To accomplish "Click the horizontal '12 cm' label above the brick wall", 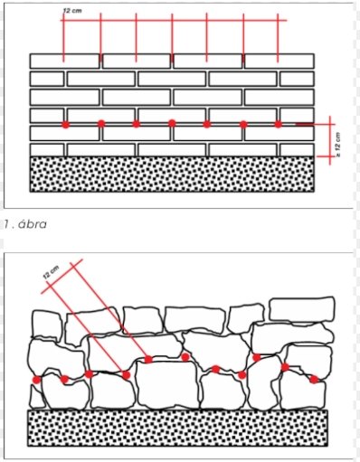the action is (x=72, y=11).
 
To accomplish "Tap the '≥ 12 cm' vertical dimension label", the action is (x=337, y=145).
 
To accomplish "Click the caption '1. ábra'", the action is (x=25, y=224).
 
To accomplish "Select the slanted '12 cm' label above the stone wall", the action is (x=52, y=272).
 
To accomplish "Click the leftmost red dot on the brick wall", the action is (x=65, y=125).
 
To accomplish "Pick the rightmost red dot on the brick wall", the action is (x=278, y=124).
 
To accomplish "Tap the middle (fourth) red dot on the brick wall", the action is (x=172, y=123).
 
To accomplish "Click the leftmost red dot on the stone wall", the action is (x=36, y=380).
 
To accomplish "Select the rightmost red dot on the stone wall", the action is (x=314, y=379).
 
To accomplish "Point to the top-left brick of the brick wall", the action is (x=65, y=61).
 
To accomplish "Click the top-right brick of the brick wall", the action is (x=279, y=61).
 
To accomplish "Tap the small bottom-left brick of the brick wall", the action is (x=47, y=150).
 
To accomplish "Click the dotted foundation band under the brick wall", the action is (x=172, y=174).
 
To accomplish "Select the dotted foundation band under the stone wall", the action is (x=178, y=428).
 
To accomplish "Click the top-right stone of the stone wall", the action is (x=302, y=309).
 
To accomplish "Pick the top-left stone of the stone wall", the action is (x=47, y=324).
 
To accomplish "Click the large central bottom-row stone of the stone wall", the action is (x=167, y=384).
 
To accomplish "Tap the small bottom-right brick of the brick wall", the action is (x=297, y=150).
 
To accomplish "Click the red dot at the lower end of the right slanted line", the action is (x=148, y=359).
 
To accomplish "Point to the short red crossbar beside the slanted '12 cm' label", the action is (x=62, y=276).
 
